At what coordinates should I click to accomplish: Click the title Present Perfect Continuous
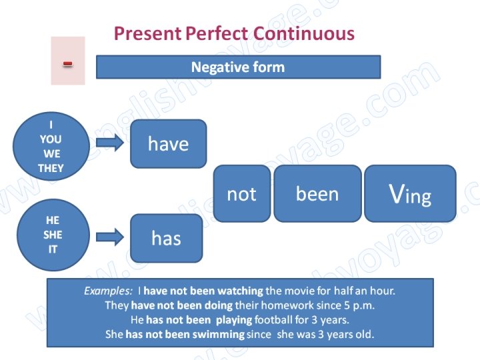click(x=234, y=33)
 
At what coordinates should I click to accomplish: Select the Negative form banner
click(x=238, y=67)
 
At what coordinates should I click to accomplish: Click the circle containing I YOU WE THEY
click(x=51, y=146)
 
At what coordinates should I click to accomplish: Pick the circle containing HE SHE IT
click(x=52, y=235)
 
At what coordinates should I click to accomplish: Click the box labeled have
click(x=168, y=144)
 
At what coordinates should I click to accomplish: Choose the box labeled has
click(x=166, y=238)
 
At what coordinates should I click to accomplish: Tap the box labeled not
click(x=241, y=194)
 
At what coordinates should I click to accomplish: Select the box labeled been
click(x=317, y=194)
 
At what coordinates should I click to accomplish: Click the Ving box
click(x=410, y=194)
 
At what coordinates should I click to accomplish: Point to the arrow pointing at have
click(x=109, y=143)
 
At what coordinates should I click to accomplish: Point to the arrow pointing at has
click(x=109, y=236)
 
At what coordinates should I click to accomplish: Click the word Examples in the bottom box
click(x=108, y=291)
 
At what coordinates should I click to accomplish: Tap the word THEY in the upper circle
click(x=51, y=168)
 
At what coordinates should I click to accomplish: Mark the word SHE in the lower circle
click(x=52, y=235)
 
